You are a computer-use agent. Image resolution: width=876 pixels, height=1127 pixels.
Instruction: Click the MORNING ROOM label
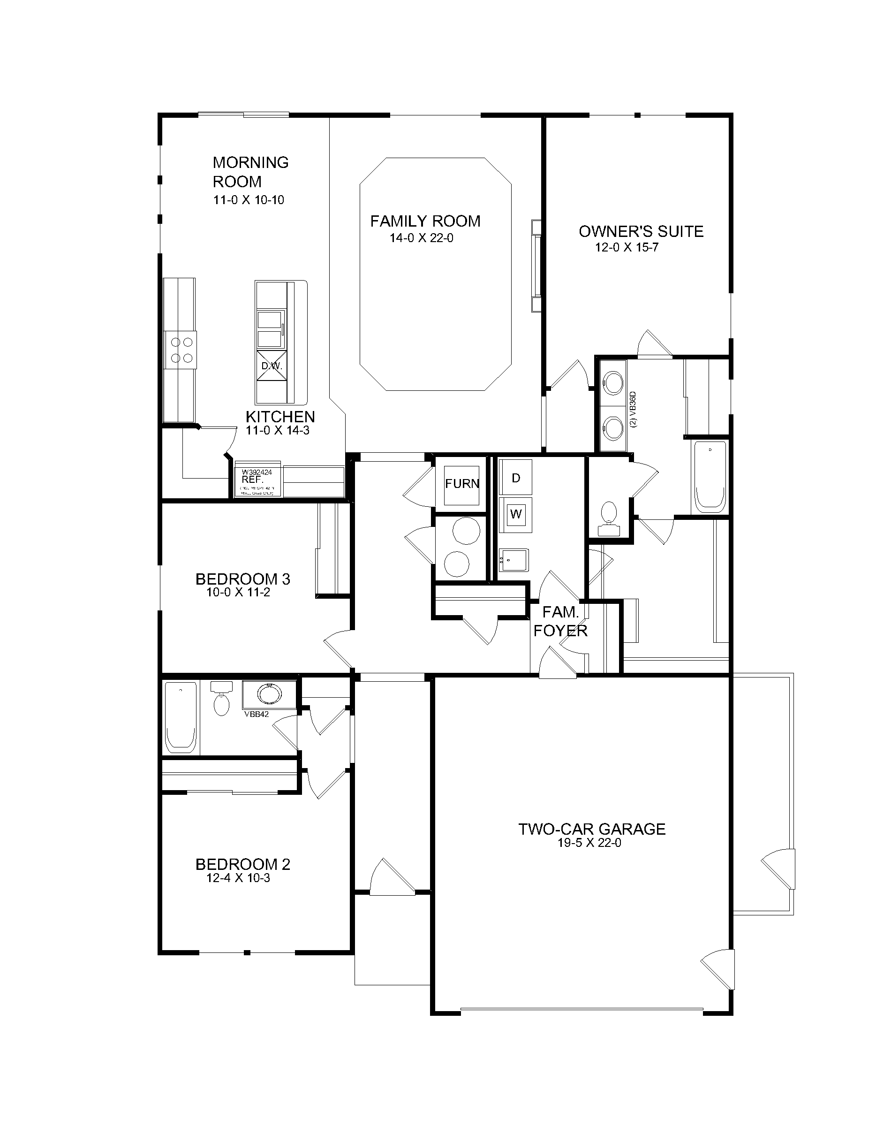point(250,172)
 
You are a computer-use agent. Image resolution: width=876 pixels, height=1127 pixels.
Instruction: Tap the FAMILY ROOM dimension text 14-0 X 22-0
point(421,238)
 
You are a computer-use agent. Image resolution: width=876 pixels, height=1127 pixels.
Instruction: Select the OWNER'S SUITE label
point(641,231)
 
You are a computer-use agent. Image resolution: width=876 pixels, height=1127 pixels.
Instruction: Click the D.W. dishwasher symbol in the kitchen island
point(272,366)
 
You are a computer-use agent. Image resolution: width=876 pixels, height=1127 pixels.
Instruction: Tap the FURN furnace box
point(462,485)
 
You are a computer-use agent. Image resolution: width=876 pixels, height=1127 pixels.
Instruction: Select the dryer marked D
point(515,478)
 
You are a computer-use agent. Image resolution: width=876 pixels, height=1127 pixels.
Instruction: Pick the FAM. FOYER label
point(560,621)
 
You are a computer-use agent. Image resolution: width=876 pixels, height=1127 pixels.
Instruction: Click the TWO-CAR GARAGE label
point(591,829)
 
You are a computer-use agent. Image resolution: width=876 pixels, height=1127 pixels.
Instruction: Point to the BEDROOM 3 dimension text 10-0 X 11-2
point(238,593)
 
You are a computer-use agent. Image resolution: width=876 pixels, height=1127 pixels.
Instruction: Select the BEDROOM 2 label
point(242,864)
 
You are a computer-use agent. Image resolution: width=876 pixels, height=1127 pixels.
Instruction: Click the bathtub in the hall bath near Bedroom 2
point(180,717)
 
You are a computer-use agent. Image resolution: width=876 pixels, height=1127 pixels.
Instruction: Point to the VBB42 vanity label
point(257,715)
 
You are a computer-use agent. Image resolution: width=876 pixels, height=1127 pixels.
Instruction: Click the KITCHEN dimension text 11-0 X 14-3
point(278,430)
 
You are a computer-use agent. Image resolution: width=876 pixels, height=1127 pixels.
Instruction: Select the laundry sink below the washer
point(513,560)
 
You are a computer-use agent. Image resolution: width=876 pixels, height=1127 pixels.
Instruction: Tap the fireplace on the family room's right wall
point(537,266)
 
